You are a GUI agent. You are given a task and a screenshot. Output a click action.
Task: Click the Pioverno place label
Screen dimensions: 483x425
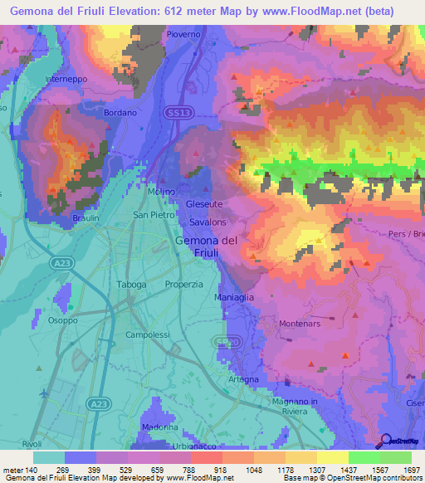tap(183, 35)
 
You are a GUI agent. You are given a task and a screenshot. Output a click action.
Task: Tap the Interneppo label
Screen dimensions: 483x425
tap(66, 80)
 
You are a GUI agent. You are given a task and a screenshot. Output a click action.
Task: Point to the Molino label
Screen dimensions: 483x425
tap(161, 192)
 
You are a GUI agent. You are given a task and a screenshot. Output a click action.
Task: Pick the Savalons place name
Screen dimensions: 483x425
tap(208, 222)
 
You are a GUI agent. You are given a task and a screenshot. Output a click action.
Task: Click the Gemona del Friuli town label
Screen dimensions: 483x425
tap(208, 246)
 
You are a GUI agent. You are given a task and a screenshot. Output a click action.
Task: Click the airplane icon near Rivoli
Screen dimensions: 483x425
tap(43, 392)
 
